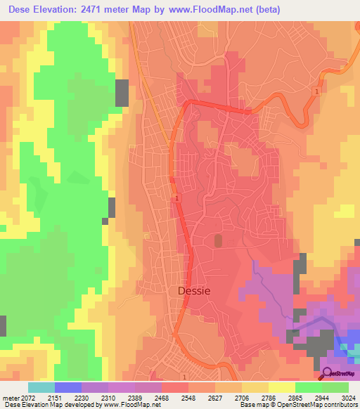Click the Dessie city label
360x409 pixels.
192,289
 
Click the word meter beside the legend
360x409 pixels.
10,398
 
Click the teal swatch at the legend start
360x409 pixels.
41,387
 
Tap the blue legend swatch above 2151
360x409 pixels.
68,387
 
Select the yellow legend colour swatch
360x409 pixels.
282,387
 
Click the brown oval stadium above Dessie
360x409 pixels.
217,241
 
